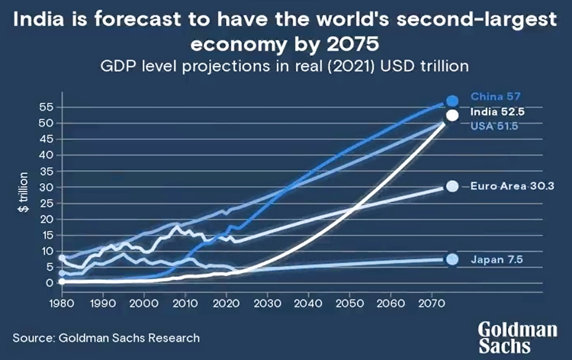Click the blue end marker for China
click(452, 101)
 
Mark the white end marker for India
click(452, 115)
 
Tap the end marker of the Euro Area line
click(452, 187)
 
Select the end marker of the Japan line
click(452, 259)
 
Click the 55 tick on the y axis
click(47, 107)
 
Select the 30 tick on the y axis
click(47, 187)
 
